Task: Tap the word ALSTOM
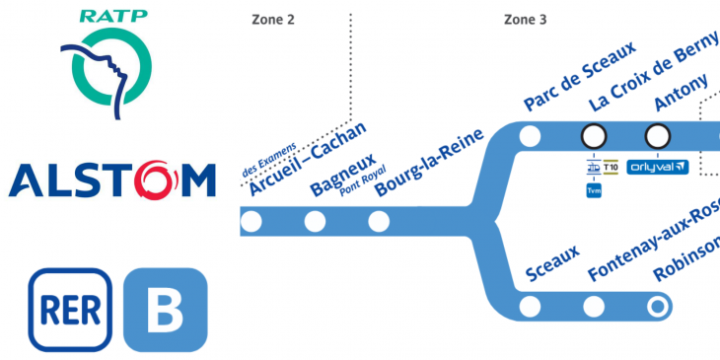tap(111, 180)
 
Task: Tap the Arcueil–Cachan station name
tap(308, 160)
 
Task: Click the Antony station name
tap(682, 95)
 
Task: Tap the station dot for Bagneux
tap(315, 221)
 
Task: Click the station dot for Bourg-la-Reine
tap(380, 221)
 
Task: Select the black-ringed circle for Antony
tap(657, 136)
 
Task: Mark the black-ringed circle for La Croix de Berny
tap(594, 136)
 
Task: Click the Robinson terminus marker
tap(657, 307)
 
